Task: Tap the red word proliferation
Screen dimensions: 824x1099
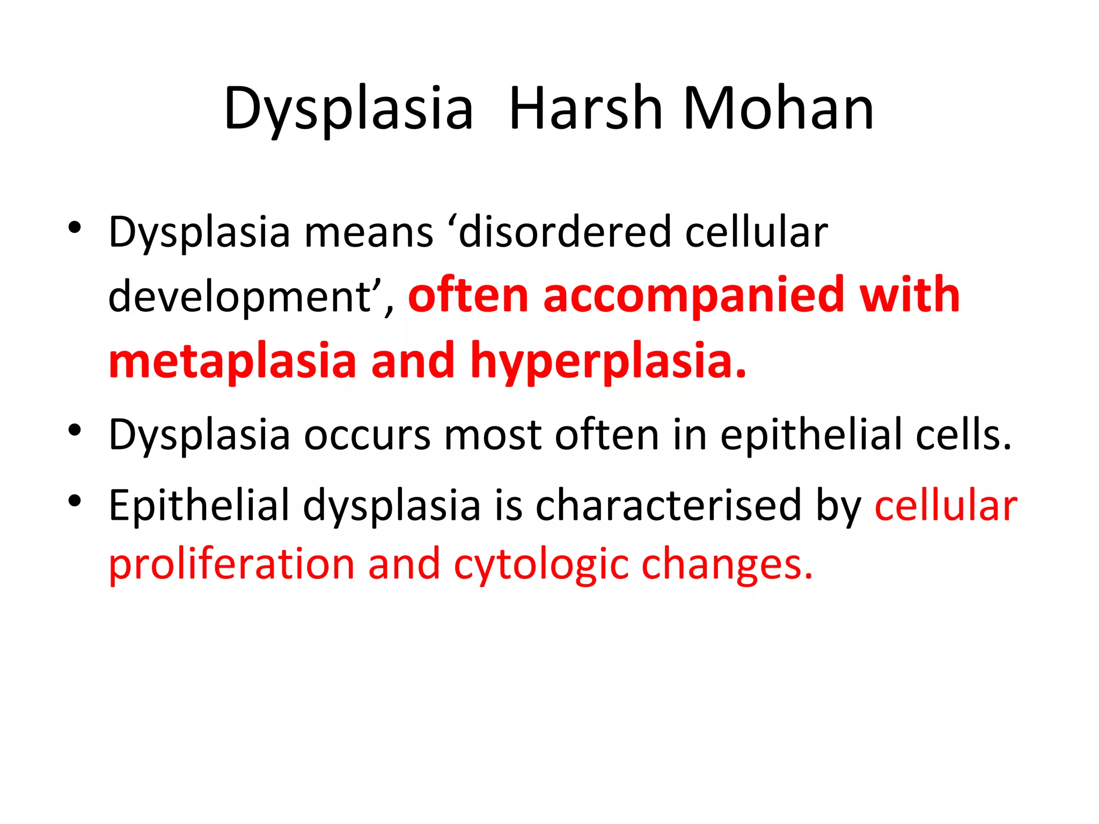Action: (x=231, y=565)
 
